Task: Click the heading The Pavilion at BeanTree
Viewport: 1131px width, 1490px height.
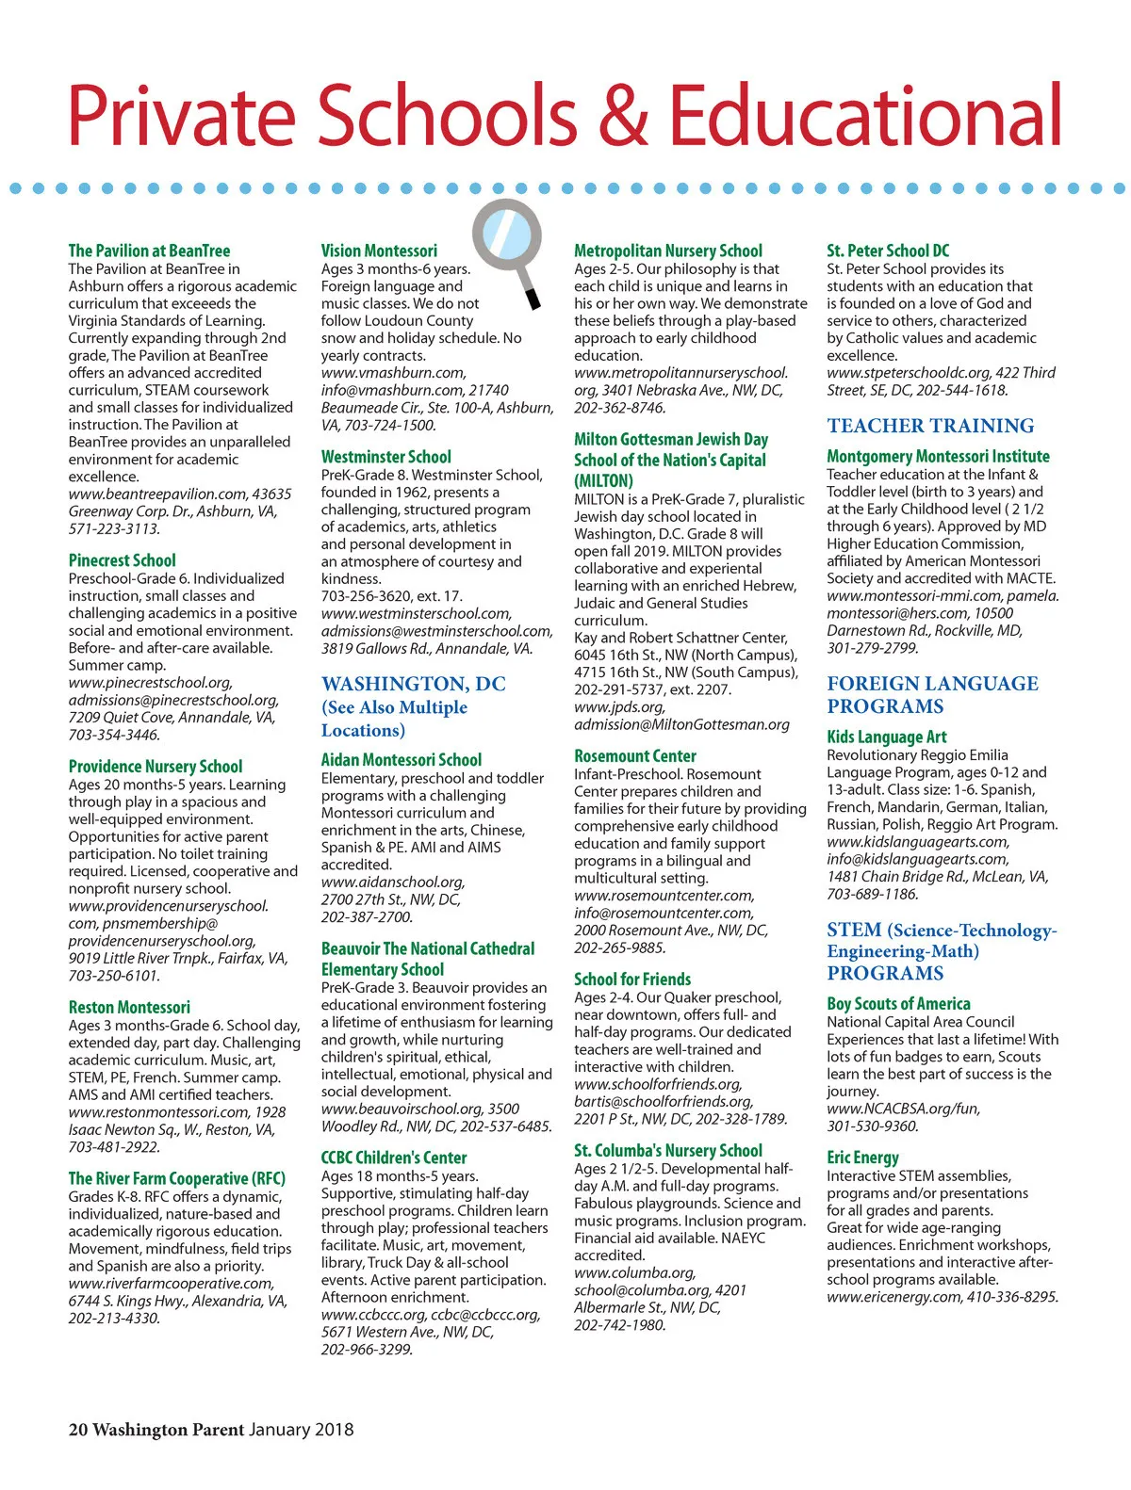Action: (x=149, y=251)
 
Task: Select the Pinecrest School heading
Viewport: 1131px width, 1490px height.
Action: (x=122, y=560)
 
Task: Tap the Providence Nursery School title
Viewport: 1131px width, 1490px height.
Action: (x=155, y=767)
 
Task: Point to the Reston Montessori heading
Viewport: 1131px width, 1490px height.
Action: (x=129, y=1007)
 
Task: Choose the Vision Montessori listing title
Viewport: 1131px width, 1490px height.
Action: (x=379, y=251)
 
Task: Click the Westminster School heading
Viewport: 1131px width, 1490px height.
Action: (x=385, y=457)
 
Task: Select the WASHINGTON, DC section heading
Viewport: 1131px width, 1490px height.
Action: (x=413, y=684)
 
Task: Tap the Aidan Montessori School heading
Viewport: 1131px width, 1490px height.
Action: (x=401, y=760)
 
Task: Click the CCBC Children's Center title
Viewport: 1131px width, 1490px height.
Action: (x=393, y=1158)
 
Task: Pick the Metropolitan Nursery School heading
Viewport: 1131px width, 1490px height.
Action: (x=667, y=251)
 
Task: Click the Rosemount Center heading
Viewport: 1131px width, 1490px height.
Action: (x=634, y=756)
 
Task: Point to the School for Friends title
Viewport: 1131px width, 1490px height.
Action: (x=631, y=980)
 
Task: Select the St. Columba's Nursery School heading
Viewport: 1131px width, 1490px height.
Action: (x=667, y=1151)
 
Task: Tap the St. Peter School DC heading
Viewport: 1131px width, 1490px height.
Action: (x=888, y=251)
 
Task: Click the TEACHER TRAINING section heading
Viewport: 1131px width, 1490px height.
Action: (x=930, y=426)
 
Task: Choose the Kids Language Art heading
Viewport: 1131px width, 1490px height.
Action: (x=886, y=737)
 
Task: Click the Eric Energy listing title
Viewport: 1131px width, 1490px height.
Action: (x=862, y=1158)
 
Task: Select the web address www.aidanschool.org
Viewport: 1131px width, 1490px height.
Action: (x=393, y=883)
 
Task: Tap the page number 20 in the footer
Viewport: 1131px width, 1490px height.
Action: (x=77, y=1430)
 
